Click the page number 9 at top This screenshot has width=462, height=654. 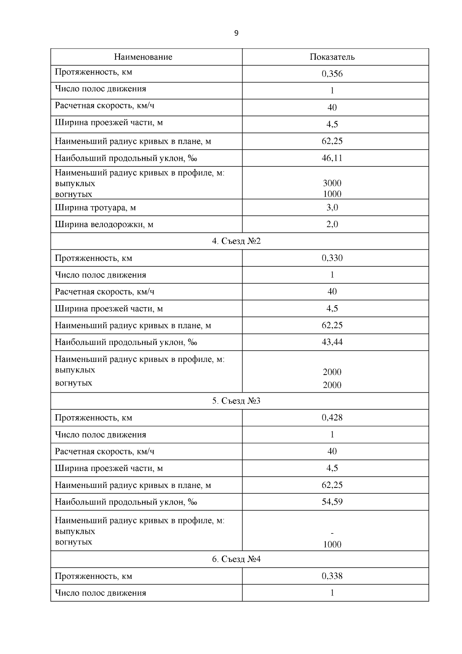[x=236, y=33]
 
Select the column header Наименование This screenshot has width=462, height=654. [x=143, y=57]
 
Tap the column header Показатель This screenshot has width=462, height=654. [x=332, y=57]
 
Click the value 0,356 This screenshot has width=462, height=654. [x=332, y=74]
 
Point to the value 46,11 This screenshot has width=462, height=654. [x=332, y=158]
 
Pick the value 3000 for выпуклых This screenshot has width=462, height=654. [x=332, y=183]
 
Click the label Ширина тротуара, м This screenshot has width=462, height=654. [x=95, y=208]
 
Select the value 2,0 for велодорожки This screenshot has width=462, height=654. [x=332, y=224]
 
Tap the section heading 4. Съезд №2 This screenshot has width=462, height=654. [x=236, y=241]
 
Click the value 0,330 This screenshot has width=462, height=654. [x=332, y=258]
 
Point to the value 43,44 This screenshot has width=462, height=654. [x=332, y=342]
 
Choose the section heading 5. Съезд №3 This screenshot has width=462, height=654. [x=236, y=401]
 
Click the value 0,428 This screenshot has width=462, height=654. [x=332, y=417]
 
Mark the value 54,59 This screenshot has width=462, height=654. [x=332, y=502]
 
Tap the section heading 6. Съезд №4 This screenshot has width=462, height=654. [x=236, y=559]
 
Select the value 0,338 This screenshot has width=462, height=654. [x=332, y=576]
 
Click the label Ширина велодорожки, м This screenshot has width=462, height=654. [x=104, y=224]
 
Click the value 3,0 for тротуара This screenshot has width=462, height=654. [x=332, y=208]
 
